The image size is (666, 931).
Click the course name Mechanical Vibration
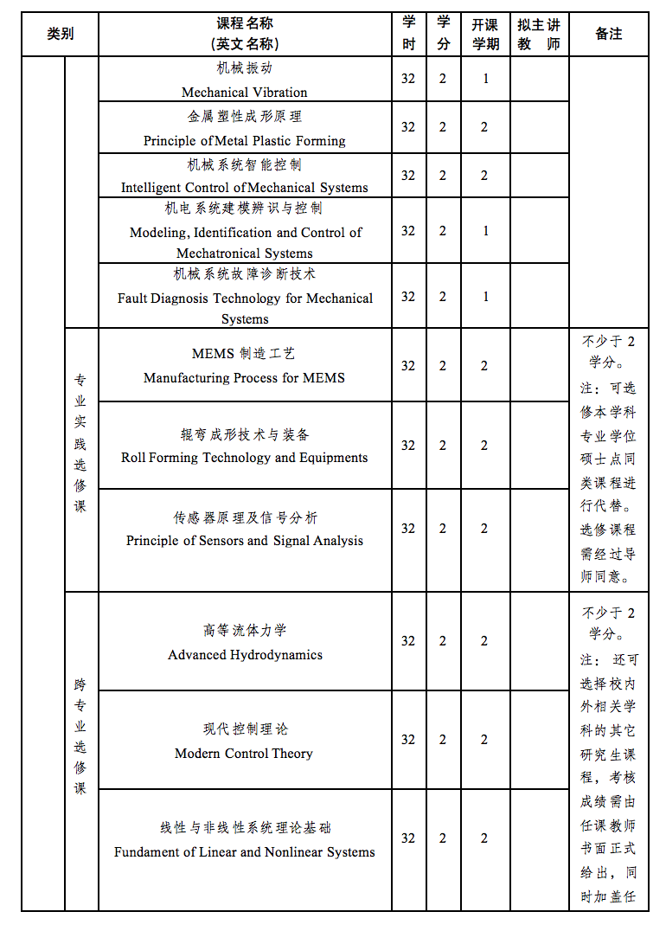(x=244, y=92)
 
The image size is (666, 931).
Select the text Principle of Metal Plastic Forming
(x=244, y=140)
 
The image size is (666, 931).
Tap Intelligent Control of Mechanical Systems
(x=244, y=188)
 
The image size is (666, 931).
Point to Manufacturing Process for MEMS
(x=244, y=378)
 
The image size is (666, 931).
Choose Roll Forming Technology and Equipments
(x=244, y=458)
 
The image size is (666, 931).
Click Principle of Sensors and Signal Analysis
(x=244, y=541)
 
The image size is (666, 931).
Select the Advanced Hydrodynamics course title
(x=245, y=655)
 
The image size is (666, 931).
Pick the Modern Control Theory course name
(x=244, y=754)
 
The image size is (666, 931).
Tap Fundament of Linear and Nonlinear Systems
(x=244, y=852)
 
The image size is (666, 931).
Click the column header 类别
(x=60, y=34)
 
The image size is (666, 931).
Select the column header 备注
(x=608, y=34)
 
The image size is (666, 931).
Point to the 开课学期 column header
(x=485, y=34)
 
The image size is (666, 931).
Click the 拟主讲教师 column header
(x=539, y=34)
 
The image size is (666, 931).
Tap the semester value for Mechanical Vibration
(x=485, y=79)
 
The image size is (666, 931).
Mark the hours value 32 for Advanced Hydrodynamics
(x=408, y=641)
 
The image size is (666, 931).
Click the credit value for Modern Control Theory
(x=443, y=740)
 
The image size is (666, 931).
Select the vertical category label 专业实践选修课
(x=80, y=442)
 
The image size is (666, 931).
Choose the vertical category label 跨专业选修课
(x=80, y=736)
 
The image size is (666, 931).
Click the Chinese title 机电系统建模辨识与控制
(x=244, y=209)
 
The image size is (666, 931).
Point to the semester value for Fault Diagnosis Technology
(x=485, y=297)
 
